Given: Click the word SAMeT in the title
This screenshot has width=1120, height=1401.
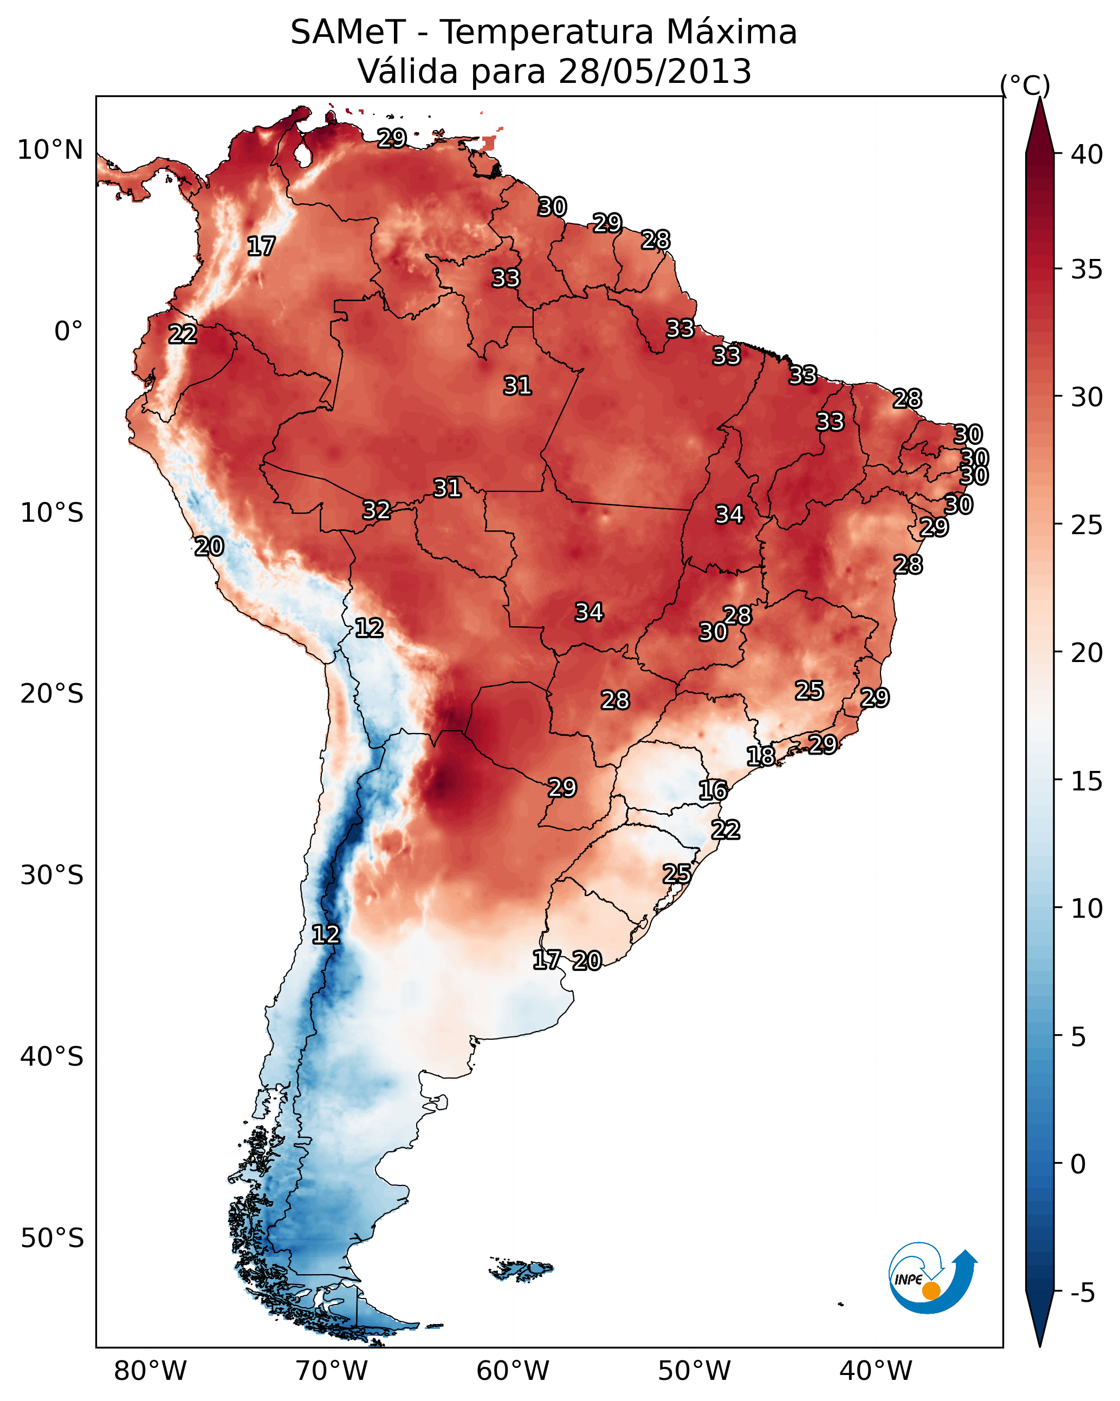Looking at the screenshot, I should point(347,33).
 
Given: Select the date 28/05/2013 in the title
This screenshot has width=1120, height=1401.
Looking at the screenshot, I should point(655,72).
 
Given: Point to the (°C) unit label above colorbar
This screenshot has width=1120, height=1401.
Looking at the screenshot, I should point(1025,85).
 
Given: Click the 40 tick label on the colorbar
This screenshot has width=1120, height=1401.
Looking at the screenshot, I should point(1087,154).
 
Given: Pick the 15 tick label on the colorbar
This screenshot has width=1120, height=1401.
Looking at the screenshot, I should point(1087,781).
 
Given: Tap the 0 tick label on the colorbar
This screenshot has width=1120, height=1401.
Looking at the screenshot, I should point(1078,1164).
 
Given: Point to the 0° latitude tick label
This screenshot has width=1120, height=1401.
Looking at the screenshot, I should point(68,332).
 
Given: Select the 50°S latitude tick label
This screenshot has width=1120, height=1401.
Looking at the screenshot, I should point(52,1238).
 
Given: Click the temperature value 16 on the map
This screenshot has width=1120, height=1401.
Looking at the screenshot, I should point(713,790).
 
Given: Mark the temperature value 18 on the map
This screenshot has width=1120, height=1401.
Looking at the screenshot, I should point(761,756).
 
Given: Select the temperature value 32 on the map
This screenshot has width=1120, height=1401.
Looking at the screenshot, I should point(377,510).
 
